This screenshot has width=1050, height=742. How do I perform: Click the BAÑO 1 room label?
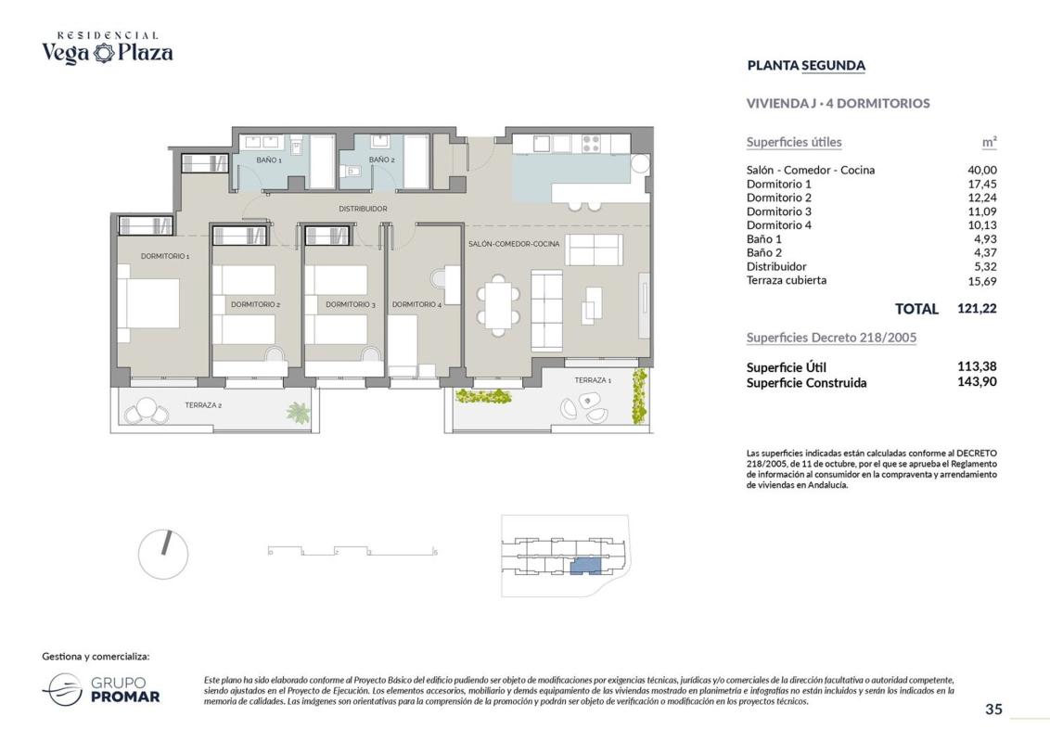(268, 160)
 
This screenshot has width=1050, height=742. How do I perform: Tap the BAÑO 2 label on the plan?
(382, 160)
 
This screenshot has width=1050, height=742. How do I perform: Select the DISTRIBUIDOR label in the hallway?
(363, 209)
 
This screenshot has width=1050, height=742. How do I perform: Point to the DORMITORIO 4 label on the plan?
(416, 305)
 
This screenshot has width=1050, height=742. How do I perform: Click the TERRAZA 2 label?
(203, 405)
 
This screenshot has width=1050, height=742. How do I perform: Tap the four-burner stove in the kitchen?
(591, 144)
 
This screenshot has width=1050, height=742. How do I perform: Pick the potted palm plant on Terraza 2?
(299, 412)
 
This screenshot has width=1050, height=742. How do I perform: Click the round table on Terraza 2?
(146, 408)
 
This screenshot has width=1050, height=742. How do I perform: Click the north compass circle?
(162, 555)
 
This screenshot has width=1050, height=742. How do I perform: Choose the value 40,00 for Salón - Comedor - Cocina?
(981, 170)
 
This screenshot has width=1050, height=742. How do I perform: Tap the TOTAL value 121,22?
(977, 309)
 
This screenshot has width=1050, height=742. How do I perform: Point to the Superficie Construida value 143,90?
(977, 382)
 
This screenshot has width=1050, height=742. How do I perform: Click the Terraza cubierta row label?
(787, 281)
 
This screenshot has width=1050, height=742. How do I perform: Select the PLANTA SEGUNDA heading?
(806, 66)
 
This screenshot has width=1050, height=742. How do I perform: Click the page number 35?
(993, 710)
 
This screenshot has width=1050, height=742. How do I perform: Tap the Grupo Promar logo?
(101, 690)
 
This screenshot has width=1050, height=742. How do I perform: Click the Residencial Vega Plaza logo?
(108, 47)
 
